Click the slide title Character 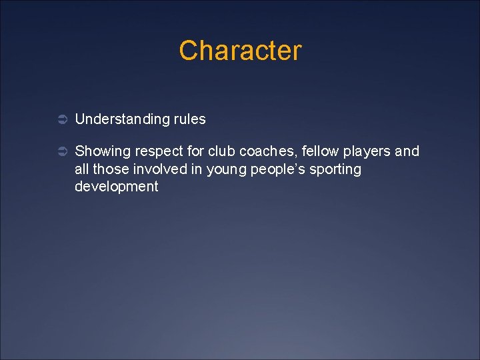(x=240, y=51)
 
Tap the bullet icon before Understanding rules (x=59, y=120)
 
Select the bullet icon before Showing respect (x=59, y=152)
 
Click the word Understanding (x=123, y=119)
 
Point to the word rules (x=190, y=119)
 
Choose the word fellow (x=312, y=151)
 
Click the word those (x=110, y=169)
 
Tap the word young (x=226, y=170)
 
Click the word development (x=116, y=187)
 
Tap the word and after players (x=407, y=151)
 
